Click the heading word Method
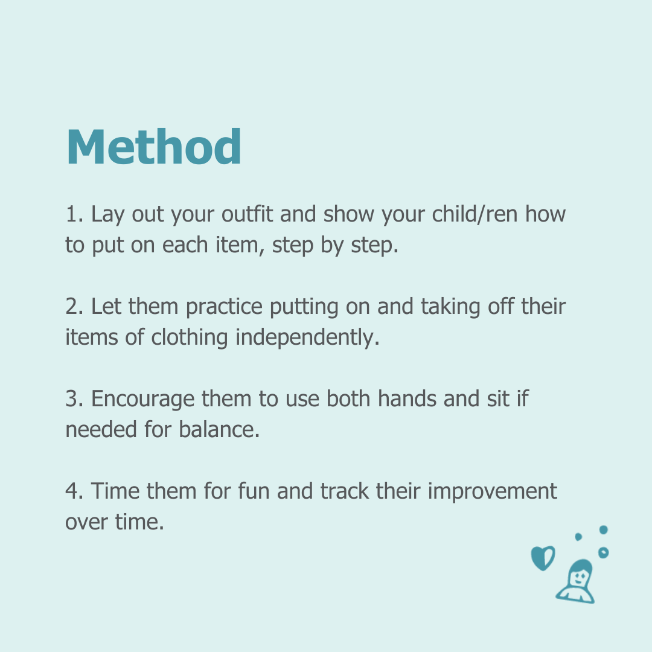153,147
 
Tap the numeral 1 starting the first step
71,214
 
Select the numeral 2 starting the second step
71,307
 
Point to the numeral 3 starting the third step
71,399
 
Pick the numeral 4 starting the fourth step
71,491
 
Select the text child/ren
475,214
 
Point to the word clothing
189,338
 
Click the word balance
219,430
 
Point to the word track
344,491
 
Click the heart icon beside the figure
543,558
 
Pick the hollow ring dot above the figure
603,552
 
